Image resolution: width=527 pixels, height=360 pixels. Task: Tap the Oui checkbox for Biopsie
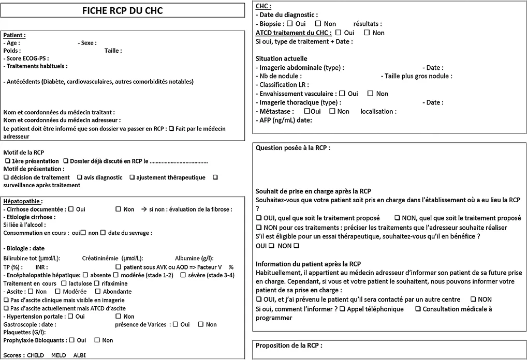pyautogui.click(x=289, y=24)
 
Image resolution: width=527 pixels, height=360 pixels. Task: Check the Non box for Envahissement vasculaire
pyautogui.click(x=370, y=94)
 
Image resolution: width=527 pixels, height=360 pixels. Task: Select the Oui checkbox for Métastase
pyautogui.click(x=308, y=111)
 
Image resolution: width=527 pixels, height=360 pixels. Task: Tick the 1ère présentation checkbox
pyautogui.click(x=7, y=161)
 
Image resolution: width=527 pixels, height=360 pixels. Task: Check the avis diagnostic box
pyautogui.click(x=79, y=177)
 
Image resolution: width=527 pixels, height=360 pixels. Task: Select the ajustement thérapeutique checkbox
pyautogui.click(x=133, y=177)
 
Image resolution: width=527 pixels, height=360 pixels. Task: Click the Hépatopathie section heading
pyautogui.click(x=23, y=201)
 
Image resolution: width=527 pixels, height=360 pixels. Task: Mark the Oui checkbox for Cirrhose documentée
pyautogui.click(x=70, y=209)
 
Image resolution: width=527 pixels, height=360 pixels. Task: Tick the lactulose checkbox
pyautogui.click(x=64, y=283)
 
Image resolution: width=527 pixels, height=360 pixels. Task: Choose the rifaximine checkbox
pyautogui.click(x=97, y=283)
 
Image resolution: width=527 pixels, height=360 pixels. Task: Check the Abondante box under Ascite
pyautogui.click(x=98, y=292)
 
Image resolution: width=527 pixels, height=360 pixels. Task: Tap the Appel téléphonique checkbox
pyautogui.click(x=342, y=309)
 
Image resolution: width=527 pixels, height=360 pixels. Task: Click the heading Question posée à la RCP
pyautogui.click(x=292, y=147)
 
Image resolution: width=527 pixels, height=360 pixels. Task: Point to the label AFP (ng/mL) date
pyautogui.click(x=284, y=120)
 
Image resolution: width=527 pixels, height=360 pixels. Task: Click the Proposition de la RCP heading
pyautogui.click(x=289, y=345)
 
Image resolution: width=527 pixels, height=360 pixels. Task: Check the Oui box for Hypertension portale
pyautogui.click(x=70, y=317)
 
